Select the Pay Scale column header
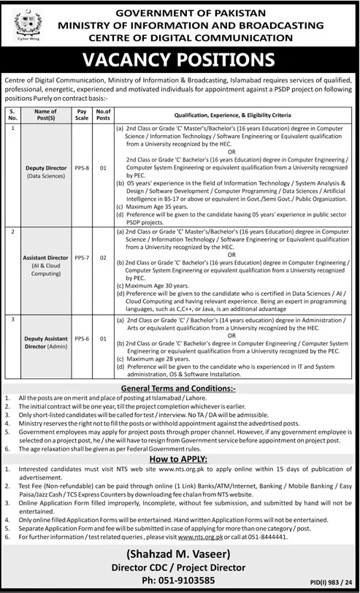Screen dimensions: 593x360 82,114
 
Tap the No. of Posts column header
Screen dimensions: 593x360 103,114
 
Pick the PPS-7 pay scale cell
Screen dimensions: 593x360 82,258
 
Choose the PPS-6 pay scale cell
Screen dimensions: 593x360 82,340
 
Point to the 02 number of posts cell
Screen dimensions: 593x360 103,258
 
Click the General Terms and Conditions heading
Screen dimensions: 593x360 180,389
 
